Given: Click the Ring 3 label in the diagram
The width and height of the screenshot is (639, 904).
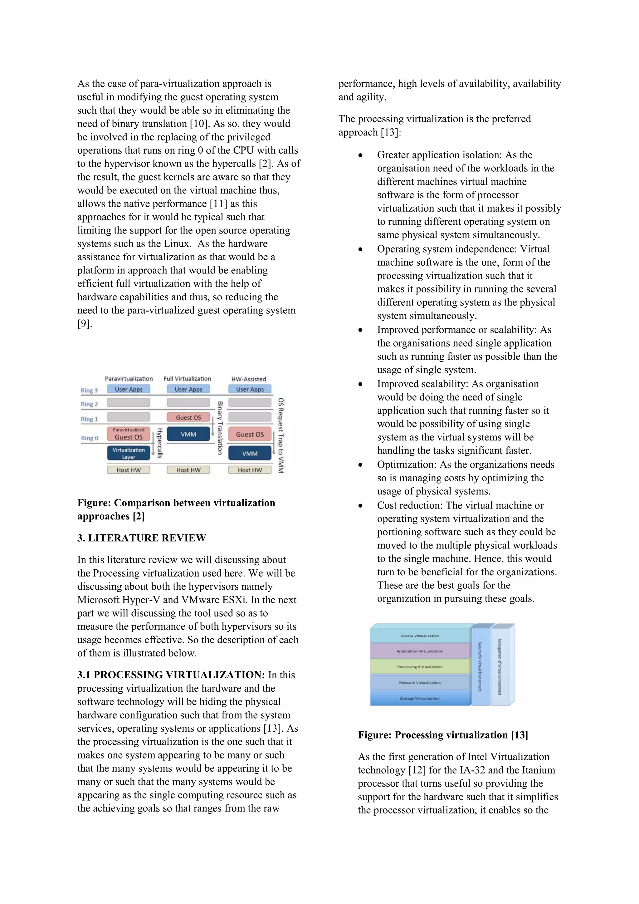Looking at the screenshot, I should (x=89, y=390).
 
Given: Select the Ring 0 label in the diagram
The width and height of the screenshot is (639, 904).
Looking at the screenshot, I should (x=89, y=438).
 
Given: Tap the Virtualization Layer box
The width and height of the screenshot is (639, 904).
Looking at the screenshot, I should (x=128, y=453).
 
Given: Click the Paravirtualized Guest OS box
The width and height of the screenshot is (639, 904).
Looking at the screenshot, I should (x=128, y=434).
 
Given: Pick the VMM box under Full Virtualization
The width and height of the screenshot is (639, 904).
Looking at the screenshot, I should (x=188, y=434).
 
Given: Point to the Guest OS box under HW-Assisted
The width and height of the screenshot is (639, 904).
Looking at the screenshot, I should (x=250, y=434).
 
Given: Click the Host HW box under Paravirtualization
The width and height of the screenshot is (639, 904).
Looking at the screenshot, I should (x=128, y=470).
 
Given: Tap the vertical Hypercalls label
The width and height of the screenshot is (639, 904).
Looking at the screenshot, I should (x=159, y=443).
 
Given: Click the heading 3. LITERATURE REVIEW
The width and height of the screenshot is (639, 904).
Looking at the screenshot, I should (x=141, y=538).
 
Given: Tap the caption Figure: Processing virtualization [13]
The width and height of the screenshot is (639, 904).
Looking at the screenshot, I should (x=443, y=735).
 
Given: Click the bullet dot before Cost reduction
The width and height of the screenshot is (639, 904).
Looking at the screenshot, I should (x=360, y=506).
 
